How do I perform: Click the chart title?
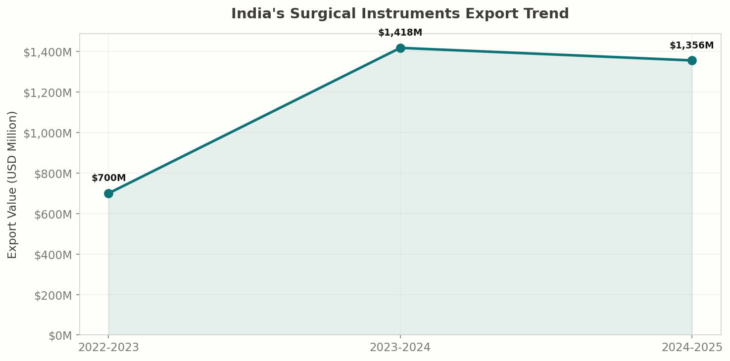coord(400,14)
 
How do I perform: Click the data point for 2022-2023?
coord(108,193)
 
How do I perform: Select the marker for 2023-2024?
coord(400,48)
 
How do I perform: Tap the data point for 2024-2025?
coord(692,60)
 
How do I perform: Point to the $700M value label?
coord(109,178)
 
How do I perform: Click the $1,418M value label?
coord(400,33)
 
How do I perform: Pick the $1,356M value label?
coord(691,45)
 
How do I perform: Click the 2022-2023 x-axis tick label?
coord(109,347)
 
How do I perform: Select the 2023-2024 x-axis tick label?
coord(400,347)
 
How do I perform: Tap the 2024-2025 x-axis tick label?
coord(692,347)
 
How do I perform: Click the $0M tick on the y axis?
coord(60,336)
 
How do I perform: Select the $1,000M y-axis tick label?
coord(50,133)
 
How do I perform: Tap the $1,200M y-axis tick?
coord(50,92)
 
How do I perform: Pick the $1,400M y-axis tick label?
coord(50,52)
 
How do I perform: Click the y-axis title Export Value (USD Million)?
coord(12,184)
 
